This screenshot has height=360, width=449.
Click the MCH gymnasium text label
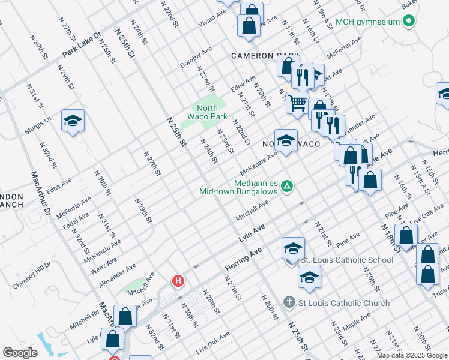(367, 22)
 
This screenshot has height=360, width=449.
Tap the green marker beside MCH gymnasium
(409, 22)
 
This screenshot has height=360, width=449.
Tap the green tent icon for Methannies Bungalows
(287, 187)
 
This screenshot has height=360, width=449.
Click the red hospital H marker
(178, 280)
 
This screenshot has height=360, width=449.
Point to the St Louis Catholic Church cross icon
(289, 302)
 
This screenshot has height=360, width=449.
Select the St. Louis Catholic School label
(346, 260)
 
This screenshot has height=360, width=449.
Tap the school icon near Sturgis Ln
(73, 121)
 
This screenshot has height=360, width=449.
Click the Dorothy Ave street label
(196, 58)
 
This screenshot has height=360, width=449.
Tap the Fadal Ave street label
(76, 221)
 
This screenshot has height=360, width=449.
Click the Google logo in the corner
(20, 353)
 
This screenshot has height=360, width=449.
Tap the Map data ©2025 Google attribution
(411, 355)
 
